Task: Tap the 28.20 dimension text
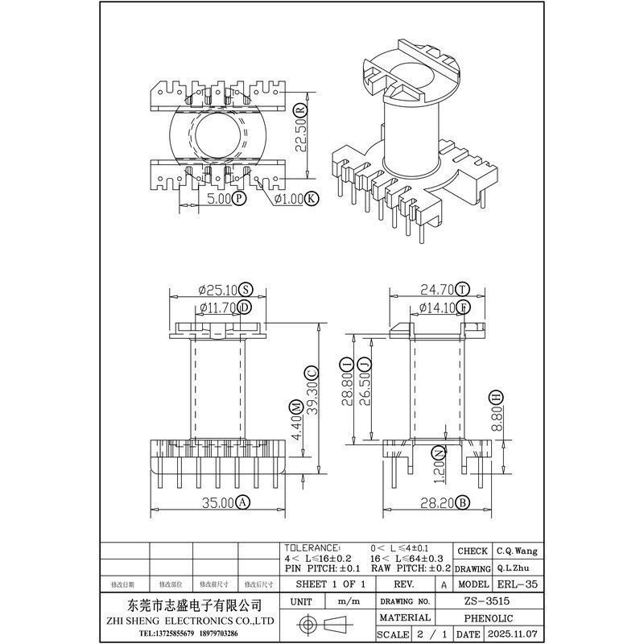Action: coord(434,504)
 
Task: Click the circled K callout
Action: coord(312,198)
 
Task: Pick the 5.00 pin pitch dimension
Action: coord(219,198)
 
